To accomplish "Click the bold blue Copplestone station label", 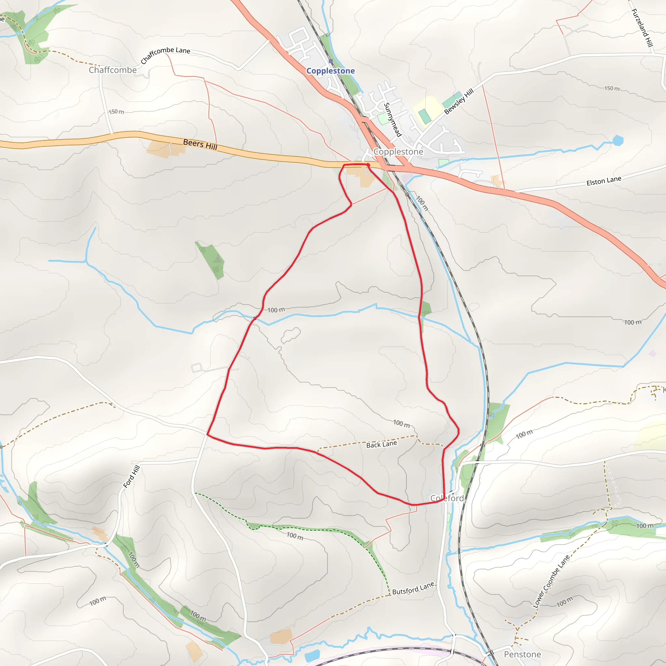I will [x=330, y=71].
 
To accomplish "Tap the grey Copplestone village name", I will [x=398, y=152].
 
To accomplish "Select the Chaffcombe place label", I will [x=113, y=70].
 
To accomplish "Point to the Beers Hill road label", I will [x=200, y=144].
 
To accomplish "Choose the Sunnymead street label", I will [x=393, y=120].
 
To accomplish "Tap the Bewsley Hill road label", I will [x=459, y=101].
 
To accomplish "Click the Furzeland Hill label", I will [x=642, y=28].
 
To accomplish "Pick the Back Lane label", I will [x=381, y=444].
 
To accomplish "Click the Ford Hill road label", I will [x=132, y=476].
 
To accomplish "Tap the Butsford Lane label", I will [x=413, y=588].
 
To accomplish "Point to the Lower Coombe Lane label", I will [x=551, y=581].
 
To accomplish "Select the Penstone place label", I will [x=522, y=654].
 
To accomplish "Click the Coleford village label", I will [x=447, y=498].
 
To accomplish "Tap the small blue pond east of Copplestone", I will [x=618, y=140].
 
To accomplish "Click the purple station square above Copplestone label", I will [x=331, y=61].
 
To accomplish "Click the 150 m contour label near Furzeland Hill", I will [x=612, y=88].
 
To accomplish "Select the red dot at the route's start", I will [x=368, y=165].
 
